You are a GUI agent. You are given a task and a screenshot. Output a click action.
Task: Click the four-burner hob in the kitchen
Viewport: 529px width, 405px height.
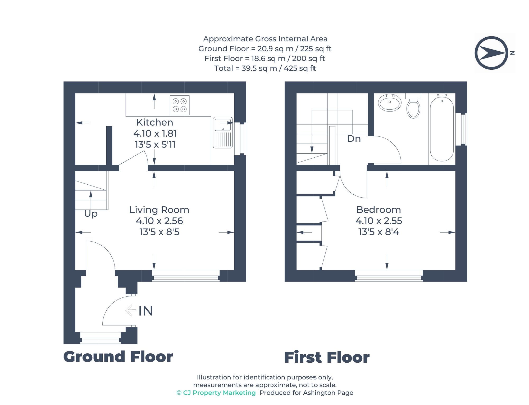180,105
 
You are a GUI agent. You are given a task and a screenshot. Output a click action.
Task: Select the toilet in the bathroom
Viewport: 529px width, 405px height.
413,106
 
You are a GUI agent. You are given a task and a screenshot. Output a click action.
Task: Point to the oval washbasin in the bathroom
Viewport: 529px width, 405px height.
390,103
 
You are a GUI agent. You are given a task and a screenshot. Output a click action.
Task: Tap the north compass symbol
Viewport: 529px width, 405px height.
491,53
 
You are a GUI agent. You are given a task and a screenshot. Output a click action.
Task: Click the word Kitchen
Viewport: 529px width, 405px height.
155,122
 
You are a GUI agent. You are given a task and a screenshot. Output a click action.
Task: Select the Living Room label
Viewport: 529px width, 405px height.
159,210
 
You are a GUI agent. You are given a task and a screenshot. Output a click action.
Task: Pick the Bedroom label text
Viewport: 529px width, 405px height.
378,210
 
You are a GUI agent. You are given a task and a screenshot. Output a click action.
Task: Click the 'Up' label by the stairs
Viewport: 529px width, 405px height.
91,213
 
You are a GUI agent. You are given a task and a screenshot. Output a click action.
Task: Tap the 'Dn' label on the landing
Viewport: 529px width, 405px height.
354,139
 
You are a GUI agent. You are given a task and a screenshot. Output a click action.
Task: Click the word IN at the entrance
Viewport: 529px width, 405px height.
146,311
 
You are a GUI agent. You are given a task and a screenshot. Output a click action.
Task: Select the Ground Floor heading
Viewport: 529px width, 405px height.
118,357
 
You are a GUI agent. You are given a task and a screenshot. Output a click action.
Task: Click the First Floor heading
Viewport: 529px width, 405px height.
327,358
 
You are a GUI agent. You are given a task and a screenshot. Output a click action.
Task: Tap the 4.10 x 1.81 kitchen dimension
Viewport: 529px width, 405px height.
155,133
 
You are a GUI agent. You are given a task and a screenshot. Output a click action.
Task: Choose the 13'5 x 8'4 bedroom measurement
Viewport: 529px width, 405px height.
378,232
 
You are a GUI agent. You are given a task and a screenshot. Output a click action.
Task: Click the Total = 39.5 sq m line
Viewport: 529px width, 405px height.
265,68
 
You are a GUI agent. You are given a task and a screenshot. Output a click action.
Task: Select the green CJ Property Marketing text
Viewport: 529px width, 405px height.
216,393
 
